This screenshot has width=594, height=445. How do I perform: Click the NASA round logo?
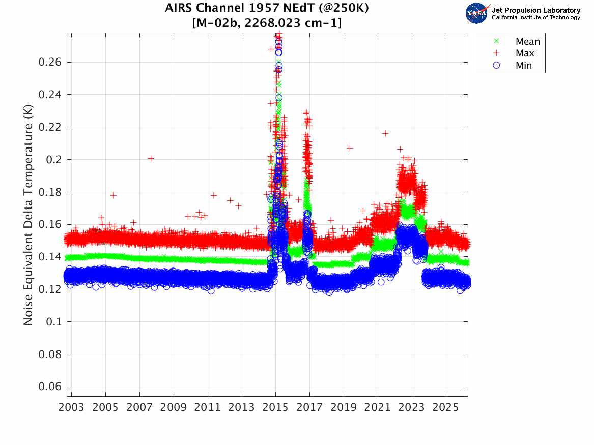[476, 13]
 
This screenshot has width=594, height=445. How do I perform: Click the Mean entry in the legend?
[527, 42]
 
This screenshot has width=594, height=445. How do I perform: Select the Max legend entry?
[525, 53]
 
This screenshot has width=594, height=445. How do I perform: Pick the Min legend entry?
[524, 66]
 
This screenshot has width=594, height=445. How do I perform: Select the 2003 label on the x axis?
[72, 408]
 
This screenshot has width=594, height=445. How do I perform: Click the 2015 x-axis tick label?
[275, 408]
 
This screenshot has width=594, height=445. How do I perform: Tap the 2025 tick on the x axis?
[446, 408]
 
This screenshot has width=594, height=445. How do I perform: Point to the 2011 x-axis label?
[208, 408]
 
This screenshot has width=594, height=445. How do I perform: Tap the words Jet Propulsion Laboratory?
[535, 10]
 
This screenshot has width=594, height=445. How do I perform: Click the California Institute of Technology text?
[535, 18]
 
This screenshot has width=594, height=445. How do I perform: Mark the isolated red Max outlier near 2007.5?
[151, 158]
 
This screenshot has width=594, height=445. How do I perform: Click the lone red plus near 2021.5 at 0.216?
[385, 133]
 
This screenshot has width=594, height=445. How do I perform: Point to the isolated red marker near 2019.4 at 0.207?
[350, 148]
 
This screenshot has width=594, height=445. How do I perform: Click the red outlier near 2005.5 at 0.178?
[114, 195]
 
